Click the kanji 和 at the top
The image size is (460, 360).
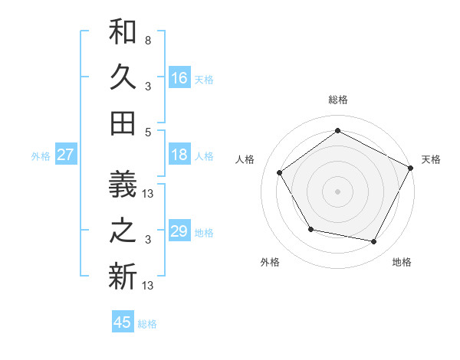[x=123, y=33]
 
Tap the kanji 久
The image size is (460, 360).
[x=123, y=77]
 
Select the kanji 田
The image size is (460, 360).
[x=123, y=123]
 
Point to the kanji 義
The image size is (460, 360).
[x=123, y=186]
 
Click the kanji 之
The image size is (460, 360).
[x=123, y=231]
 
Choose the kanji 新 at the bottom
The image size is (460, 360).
[x=123, y=276]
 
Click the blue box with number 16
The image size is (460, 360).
[x=179, y=78]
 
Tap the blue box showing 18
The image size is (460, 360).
[x=179, y=155]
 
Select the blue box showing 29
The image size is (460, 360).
[x=179, y=231]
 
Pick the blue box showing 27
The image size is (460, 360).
[x=65, y=155]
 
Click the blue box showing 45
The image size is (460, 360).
[x=123, y=322]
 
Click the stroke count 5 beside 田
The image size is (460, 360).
[x=147, y=132]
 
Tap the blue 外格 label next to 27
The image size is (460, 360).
[x=41, y=155]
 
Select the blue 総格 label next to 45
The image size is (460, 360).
[x=147, y=323]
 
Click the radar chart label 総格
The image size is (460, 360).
[x=337, y=100]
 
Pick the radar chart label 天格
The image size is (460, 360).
[x=431, y=159]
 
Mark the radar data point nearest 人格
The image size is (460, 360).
[x=280, y=173]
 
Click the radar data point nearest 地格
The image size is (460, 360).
[x=373, y=241]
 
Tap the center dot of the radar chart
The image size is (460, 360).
[x=337, y=191]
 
